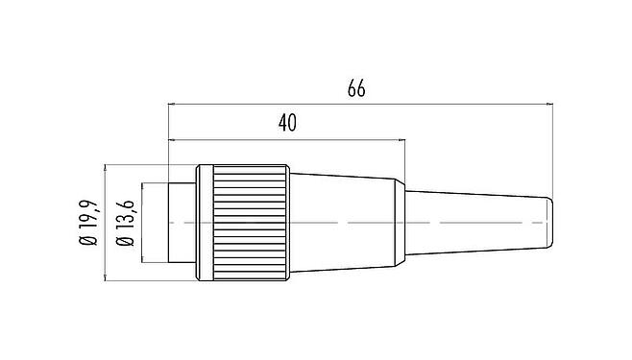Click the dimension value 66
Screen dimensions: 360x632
[356, 89]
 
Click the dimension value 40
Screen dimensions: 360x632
[286, 124]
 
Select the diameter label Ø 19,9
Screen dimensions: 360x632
[89, 224]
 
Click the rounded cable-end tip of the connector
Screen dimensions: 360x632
[551, 224]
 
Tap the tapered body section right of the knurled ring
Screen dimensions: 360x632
[346, 224]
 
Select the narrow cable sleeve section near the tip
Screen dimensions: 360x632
[480, 224]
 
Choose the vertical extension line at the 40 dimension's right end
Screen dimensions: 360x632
[404, 158]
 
